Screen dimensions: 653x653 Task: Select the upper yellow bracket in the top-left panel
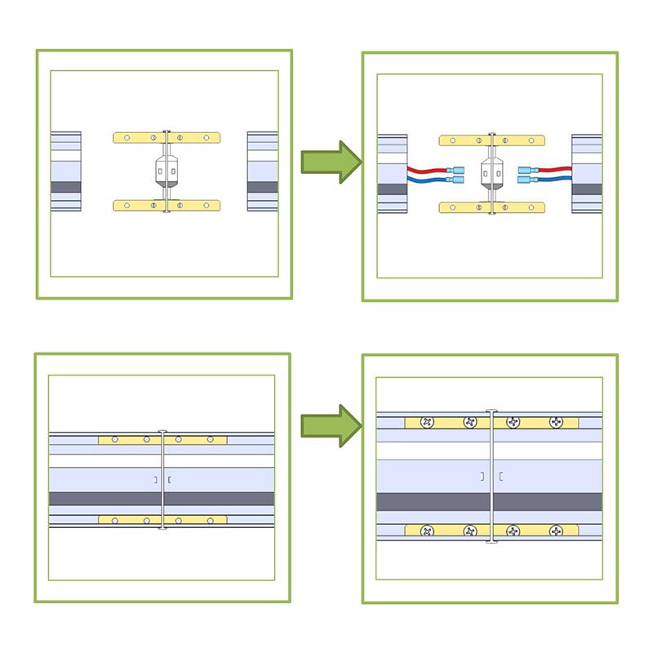coord(165,138)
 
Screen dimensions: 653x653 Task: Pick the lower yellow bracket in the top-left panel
coord(165,205)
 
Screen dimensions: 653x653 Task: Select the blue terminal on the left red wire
coord(457,169)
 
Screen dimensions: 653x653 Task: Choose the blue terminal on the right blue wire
coord(526,178)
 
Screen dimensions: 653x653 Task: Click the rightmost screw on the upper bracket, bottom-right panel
coord(557,423)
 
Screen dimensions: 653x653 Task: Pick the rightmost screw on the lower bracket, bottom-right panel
coord(557,531)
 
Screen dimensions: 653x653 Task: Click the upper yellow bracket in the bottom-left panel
coord(162,439)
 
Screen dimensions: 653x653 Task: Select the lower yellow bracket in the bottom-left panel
coord(162,519)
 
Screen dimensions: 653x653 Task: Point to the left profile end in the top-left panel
coord(65,171)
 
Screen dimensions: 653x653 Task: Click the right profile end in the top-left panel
coord(262,171)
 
